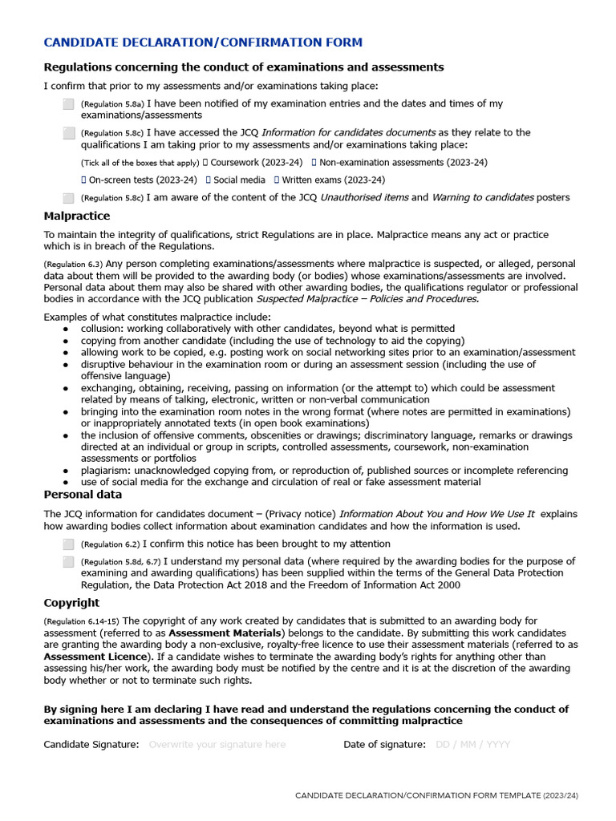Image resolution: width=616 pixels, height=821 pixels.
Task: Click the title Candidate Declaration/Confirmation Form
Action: coord(202,42)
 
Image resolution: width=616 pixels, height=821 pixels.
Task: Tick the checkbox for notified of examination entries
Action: coord(68,103)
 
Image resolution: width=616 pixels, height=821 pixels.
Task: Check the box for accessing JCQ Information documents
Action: coord(68,132)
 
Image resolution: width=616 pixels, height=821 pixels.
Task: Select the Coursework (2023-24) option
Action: coord(205,163)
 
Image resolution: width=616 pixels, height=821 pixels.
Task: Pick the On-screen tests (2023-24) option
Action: coord(83,180)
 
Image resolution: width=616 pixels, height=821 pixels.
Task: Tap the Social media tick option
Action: coord(209,180)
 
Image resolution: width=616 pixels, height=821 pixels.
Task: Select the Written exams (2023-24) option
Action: coord(277,180)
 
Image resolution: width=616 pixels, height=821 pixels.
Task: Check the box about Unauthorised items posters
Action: coord(68,198)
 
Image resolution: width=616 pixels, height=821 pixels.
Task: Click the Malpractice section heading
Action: coord(76,216)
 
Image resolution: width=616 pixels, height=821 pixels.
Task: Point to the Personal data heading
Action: coord(83,495)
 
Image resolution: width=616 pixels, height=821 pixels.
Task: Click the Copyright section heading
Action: coord(71,603)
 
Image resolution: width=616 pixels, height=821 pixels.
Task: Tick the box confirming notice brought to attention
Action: coord(68,544)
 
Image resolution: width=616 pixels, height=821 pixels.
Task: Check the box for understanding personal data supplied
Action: coord(68,562)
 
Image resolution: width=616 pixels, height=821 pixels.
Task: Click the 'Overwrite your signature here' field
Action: coord(217,745)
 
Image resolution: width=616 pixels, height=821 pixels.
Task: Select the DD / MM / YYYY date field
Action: coord(472,745)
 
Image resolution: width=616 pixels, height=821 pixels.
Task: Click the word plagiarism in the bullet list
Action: coord(105,471)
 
